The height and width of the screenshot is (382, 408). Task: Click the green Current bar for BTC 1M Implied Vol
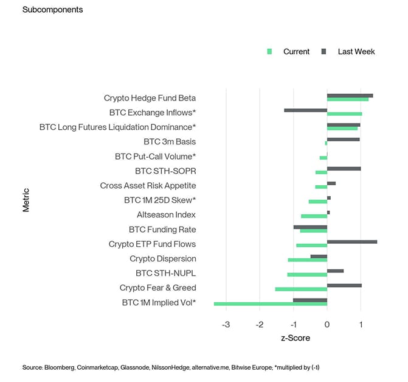(271, 303)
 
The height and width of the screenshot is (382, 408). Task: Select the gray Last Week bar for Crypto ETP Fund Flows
(351, 242)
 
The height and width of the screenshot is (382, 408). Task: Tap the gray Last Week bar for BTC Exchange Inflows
(305, 110)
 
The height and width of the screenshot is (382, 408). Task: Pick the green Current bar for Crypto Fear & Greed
(301, 289)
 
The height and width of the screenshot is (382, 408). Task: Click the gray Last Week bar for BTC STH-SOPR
(344, 169)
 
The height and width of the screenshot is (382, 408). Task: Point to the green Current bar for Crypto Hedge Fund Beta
(347, 99)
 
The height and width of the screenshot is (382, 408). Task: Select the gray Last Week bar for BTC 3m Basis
(343, 140)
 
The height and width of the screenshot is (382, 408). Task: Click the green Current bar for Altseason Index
(314, 216)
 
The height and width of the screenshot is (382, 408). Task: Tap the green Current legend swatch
(270, 51)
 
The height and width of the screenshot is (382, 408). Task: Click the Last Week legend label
(356, 51)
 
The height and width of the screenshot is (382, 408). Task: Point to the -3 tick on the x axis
(226, 324)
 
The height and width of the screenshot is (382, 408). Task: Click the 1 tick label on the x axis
(361, 324)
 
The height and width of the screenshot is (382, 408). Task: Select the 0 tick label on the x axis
(327, 324)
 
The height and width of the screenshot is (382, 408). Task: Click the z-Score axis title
(295, 338)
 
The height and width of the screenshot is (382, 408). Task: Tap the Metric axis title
(26, 200)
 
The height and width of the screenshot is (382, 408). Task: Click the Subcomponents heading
(52, 10)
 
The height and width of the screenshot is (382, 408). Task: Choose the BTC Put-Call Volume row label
(155, 157)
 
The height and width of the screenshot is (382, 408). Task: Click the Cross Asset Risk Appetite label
(148, 186)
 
